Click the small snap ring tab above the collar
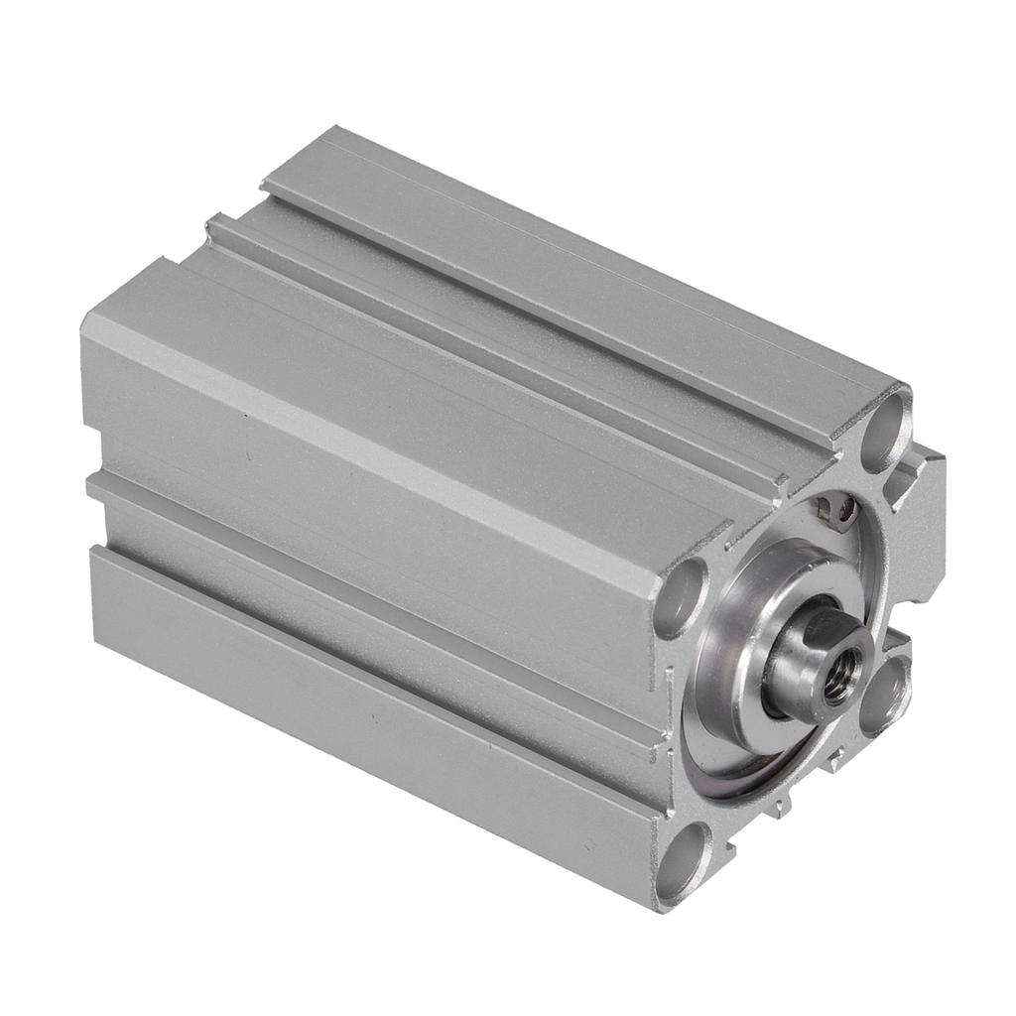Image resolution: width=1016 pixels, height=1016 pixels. click(x=837, y=511)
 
